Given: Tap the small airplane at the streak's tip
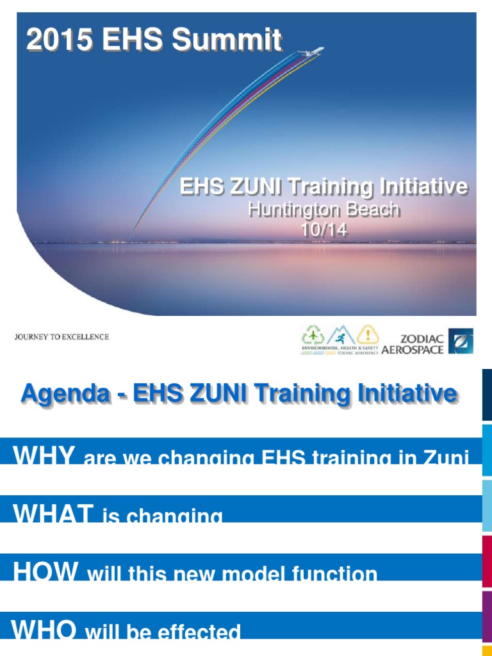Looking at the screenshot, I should [316, 51].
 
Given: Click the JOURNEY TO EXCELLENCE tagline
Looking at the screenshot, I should [61, 337].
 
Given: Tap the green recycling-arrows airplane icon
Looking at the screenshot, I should [313, 335].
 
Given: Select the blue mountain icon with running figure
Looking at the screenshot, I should [341, 335].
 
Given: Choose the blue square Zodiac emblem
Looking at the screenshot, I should [460, 341].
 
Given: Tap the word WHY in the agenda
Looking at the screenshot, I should [45, 455].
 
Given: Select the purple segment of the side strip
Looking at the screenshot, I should [487, 618].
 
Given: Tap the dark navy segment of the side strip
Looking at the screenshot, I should [487, 395].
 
